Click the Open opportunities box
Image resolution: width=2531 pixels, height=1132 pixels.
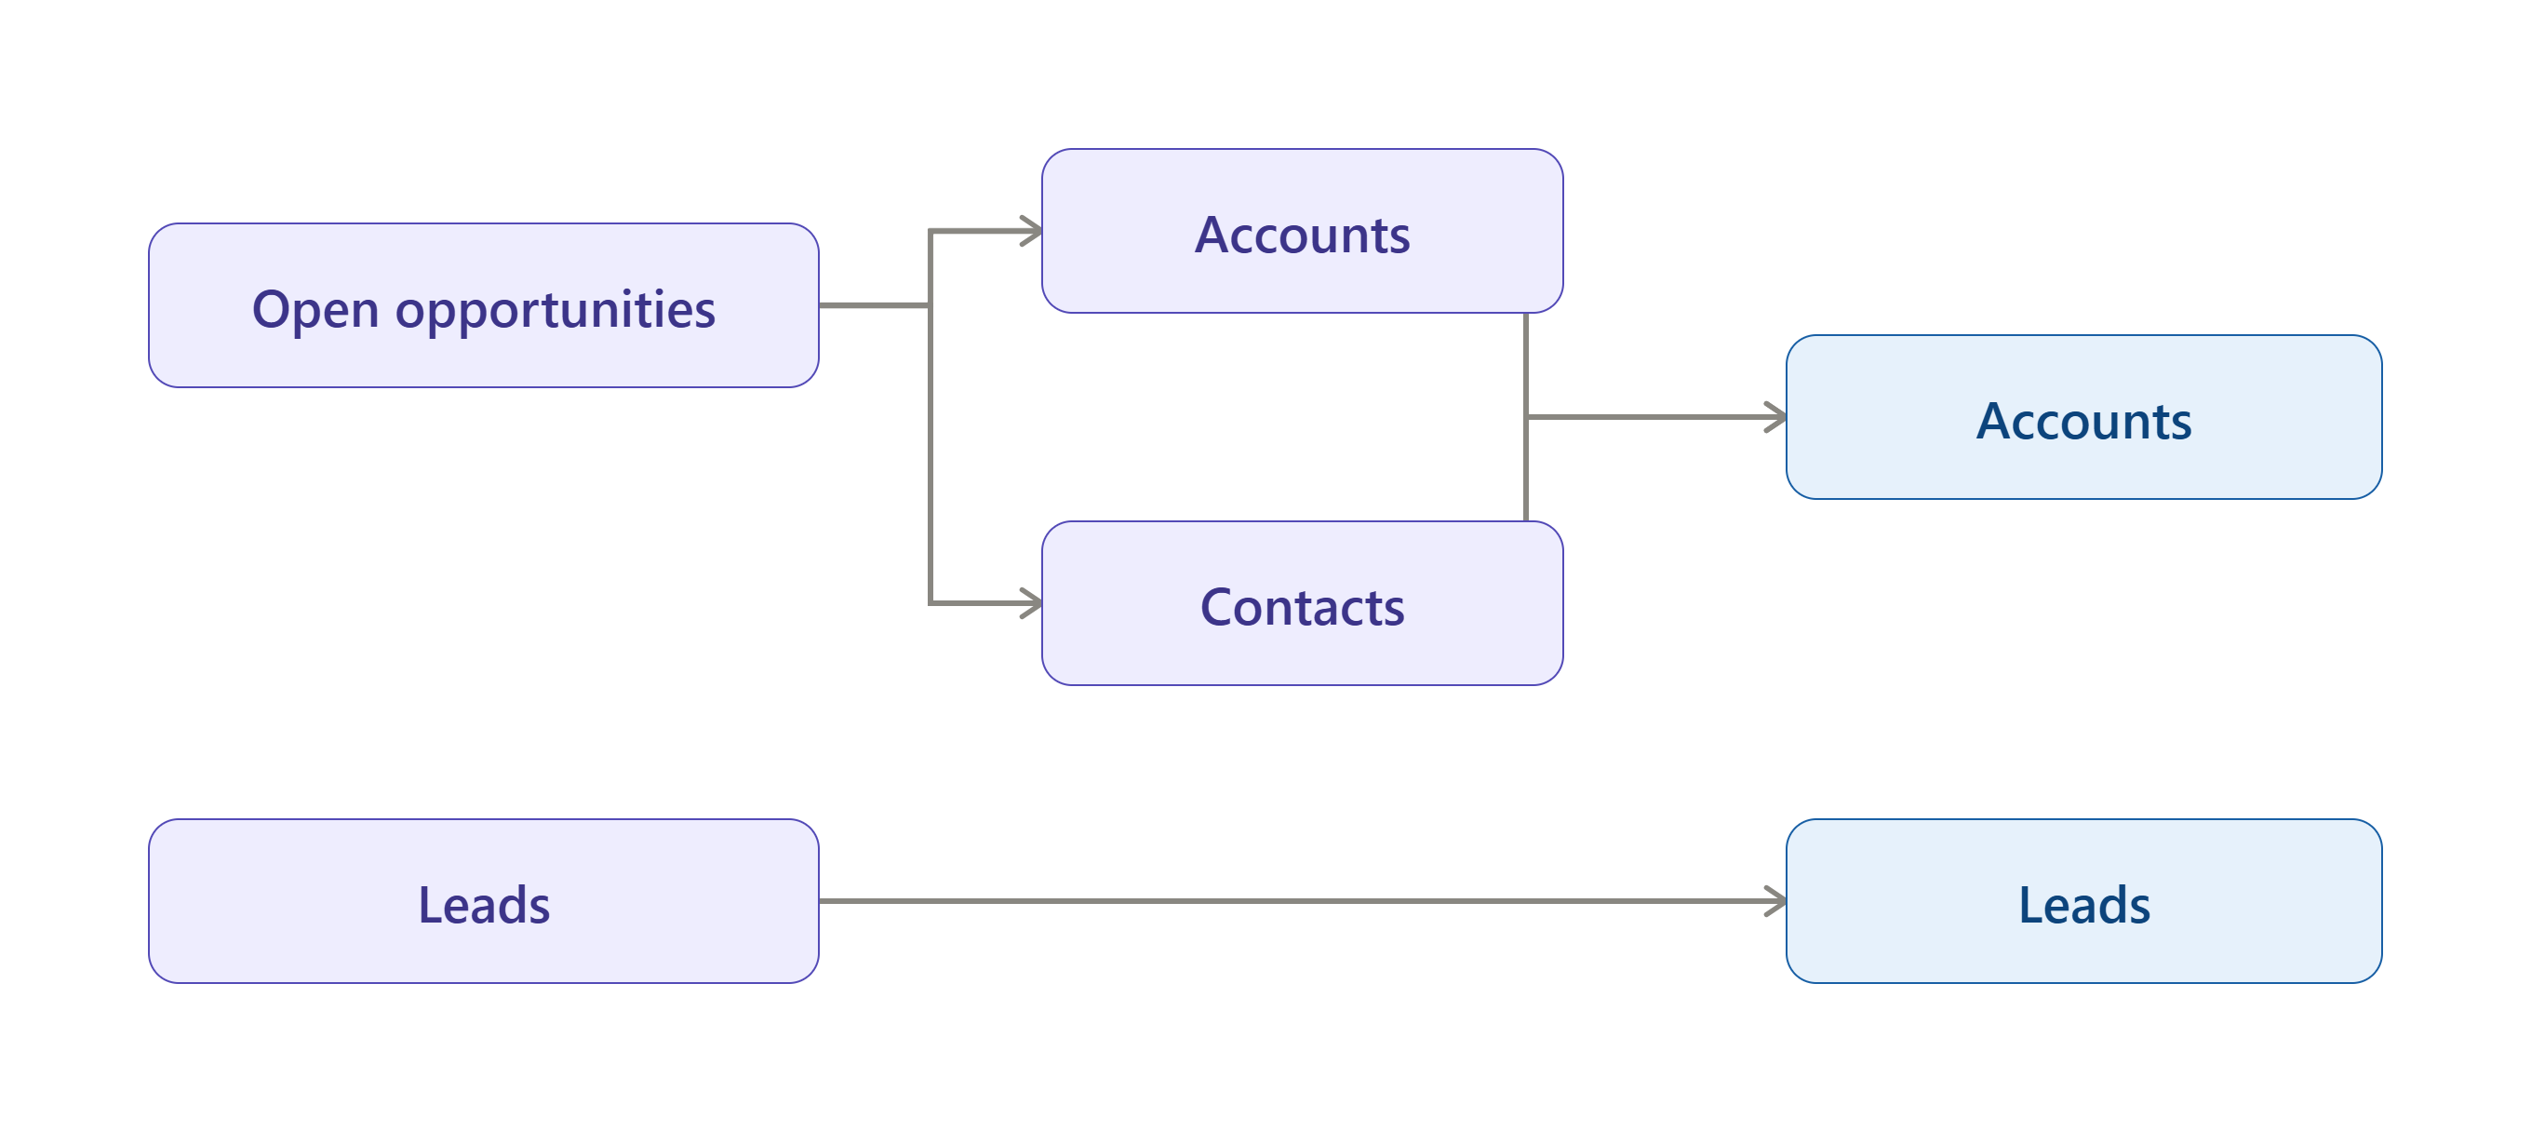pos(484,305)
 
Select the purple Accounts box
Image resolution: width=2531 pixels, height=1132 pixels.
pos(1302,231)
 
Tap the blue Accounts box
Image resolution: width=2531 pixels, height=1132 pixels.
pos(2084,418)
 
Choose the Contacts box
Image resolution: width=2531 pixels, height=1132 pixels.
pos(1302,603)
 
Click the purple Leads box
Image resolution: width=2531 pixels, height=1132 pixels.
pos(484,901)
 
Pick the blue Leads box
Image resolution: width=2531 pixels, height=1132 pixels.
pos(2084,901)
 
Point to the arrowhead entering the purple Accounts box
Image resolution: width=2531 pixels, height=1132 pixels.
pos(1032,231)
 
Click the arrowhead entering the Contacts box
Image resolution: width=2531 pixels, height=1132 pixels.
pos(1032,603)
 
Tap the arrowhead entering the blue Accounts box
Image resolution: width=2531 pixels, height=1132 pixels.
pos(1776,418)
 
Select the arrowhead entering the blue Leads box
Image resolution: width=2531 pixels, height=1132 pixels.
pos(1776,901)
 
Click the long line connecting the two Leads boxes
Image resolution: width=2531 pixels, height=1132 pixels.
pos(1303,901)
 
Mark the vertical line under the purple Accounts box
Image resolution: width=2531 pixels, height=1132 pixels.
pos(1526,418)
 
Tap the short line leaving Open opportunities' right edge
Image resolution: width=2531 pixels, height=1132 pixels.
pos(875,305)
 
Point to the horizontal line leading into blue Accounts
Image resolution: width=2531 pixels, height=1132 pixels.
pos(1655,418)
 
